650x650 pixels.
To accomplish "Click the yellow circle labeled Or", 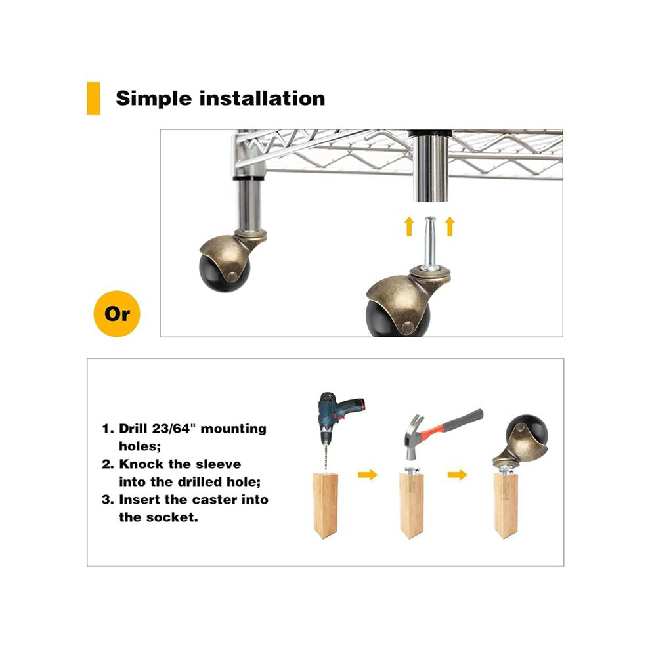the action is [x=117, y=313].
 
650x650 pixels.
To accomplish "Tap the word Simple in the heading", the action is [x=154, y=98].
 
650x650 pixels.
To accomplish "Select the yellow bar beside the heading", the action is [x=93, y=98].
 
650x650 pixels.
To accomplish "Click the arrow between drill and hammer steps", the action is [x=368, y=474].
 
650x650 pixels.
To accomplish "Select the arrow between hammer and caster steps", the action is [x=457, y=474].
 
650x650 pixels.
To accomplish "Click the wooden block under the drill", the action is [x=325, y=506].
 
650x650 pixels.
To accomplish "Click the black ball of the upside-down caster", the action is [x=527, y=431].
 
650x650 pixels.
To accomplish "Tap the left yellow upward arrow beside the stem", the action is [x=409, y=226].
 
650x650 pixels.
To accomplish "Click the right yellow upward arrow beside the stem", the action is [x=450, y=226].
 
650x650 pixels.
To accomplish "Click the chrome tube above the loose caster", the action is [x=431, y=167].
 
